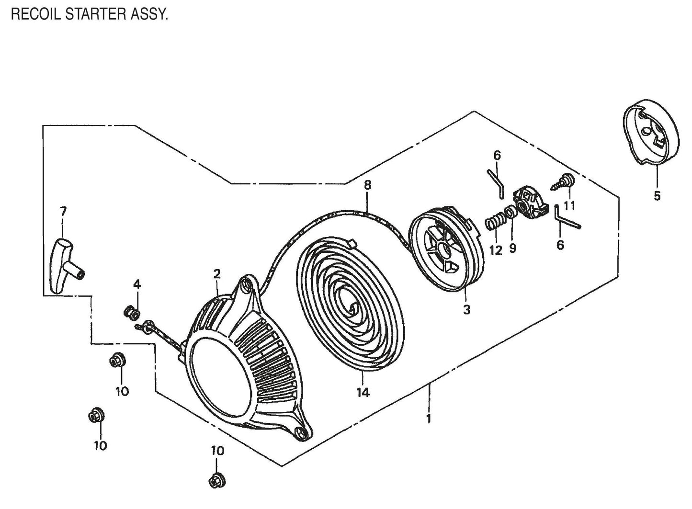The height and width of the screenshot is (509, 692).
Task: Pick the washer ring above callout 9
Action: pyautogui.click(x=511, y=212)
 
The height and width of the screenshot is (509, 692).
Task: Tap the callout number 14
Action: pyautogui.click(x=363, y=393)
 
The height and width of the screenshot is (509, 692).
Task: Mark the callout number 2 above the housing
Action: pyautogui.click(x=217, y=274)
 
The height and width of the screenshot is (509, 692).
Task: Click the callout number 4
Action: pyautogui.click(x=137, y=284)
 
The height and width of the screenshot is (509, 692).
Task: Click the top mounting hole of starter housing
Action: pyautogui.click(x=247, y=284)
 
